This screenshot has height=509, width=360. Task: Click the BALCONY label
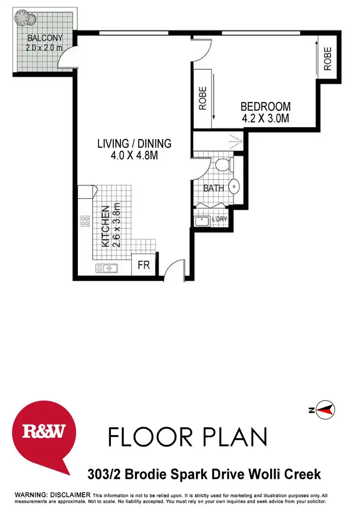[x=45, y=38]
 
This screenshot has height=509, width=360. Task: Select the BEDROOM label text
[x=265, y=107]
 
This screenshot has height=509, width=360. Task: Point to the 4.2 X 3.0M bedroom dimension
[x=265, y=118]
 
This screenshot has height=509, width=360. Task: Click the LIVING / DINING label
[x=134, y=143]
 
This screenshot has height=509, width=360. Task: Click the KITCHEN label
[x=105, y=226]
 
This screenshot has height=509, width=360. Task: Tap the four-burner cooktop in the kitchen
[x=85, y=221]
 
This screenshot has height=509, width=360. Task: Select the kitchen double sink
[x=106, y=268]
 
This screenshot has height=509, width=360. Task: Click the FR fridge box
[x=144, y=265]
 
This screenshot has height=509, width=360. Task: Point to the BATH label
[x=214, y=189]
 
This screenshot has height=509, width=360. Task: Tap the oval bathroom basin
[x=235, y=186]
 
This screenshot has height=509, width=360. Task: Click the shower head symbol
[x=237, y=141]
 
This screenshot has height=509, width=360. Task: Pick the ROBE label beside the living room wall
[x=202, y=98]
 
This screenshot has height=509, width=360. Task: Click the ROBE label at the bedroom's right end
[x=328, y=59]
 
